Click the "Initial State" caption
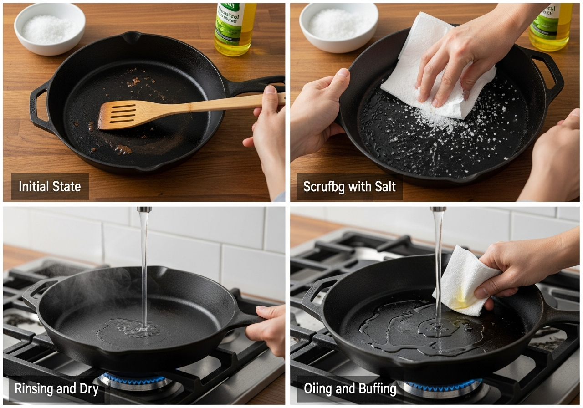pyautogui.click(x=50, y=187)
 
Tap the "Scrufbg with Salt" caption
pyautogui.click(x=349, y=187)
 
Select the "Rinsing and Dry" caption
pyautogui.click(x=56, y=388)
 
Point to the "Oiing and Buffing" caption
pyautogui.click(x=350, y=388)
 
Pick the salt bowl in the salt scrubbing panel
pyautogui.click(x=338, y=26)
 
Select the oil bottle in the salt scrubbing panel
pyautogui.click(x=551, y=26)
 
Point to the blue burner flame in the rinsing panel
pyautogui.click(x=134, y=378)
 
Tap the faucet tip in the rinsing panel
pyautogui.click(x=144, y=210)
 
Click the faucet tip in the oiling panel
pyautogui.click(x=438, y=210)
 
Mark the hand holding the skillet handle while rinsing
pyautogui.click(x=269, y=326)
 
